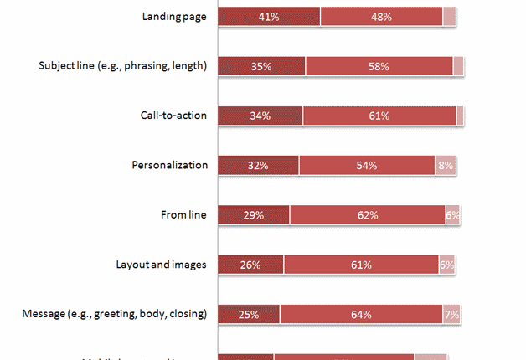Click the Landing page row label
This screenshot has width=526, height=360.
174,16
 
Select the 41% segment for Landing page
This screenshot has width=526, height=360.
269,16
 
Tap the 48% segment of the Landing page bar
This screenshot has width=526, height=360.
381,16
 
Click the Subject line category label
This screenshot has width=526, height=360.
123,65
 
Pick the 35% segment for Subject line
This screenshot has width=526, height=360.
261,66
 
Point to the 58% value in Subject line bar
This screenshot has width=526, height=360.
379,66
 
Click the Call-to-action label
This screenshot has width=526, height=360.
173,116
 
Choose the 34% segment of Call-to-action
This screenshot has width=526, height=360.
260,116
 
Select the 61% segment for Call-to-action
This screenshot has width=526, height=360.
379,116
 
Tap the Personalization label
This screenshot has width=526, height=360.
170,165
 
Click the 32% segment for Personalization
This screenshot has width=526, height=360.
258,166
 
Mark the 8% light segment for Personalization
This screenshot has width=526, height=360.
445,166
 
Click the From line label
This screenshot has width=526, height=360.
183,215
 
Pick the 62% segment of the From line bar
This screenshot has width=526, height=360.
367,215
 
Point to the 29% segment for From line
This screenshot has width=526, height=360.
254,215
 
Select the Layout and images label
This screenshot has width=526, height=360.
161,265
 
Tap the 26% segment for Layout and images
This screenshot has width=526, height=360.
250,265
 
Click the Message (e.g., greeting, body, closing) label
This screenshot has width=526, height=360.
114,315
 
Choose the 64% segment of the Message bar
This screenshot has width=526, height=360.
361,315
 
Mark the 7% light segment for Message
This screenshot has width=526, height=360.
450,315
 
